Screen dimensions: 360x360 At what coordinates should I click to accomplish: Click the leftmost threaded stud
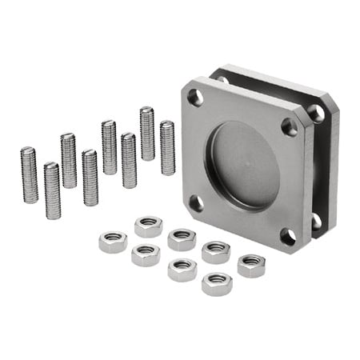point(30,175)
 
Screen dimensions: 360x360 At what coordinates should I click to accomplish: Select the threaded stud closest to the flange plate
point(167,148)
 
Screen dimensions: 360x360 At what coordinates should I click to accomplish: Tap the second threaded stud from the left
point(52,190)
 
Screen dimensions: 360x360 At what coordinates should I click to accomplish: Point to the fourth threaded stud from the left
point(90,178)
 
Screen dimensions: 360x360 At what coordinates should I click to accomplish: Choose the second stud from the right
point(147,134)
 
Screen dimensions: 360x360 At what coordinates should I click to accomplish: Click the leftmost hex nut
point(113,241)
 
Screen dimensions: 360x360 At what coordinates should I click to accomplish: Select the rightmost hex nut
point(251,266)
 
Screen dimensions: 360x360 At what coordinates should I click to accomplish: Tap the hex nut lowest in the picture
point(216,283)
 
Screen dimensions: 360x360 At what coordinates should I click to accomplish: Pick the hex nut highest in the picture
point(148,226)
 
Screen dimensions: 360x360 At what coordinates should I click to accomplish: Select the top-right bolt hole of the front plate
point(290,126)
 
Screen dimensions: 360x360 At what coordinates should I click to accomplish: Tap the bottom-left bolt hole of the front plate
point(194,203)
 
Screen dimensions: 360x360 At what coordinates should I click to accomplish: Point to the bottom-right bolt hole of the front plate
point(287,237)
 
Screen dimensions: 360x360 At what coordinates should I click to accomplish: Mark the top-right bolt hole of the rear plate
point(318,113)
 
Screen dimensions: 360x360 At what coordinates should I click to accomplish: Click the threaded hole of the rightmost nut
point(251,261)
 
